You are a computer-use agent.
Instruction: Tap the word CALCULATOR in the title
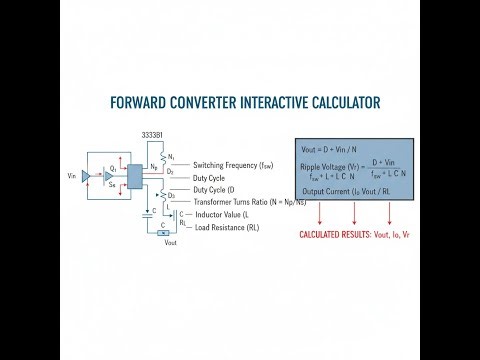(333, 103)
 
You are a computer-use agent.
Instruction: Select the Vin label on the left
(71, 175)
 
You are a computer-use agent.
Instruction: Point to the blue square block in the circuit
(134, 174)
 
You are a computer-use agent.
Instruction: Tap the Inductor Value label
(219, 214)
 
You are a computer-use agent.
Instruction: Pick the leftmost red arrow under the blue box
(319, 212)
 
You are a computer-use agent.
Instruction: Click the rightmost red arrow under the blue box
(390, 212)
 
